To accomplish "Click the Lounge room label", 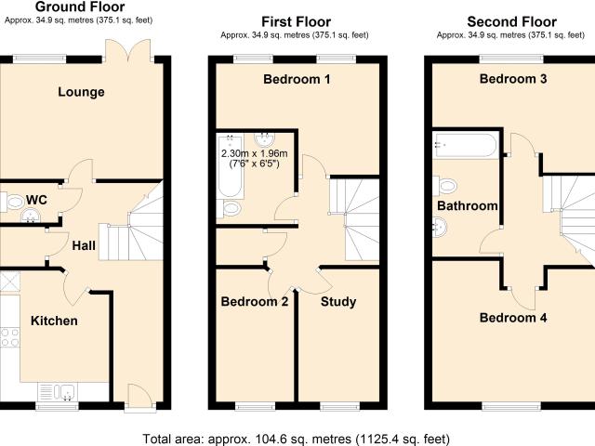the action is [x=81, y=92].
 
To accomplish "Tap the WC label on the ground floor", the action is [x=37, y=200].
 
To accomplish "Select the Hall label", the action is [x=84, y=245].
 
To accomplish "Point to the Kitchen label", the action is [x=54, y=321].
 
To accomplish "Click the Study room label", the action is [x=338, y=301].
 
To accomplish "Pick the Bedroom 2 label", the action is [x=255, y=301].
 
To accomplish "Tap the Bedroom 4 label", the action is [x=513, y=318].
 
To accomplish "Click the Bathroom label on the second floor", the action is [x=468, y=205].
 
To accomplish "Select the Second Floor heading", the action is [x=512, y=21].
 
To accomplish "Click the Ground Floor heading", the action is [x=80, y=7].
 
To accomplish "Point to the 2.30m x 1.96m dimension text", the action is [x=254, y=153].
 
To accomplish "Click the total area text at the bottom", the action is [x=296, y=439].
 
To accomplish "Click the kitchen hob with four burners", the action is [x=10, y=337].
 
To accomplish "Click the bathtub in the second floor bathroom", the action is [x=465, y=145].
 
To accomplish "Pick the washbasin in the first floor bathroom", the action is [x=264, y=139].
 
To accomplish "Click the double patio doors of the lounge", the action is [x=128, y=50].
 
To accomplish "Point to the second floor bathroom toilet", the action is [x=444, y=186].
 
